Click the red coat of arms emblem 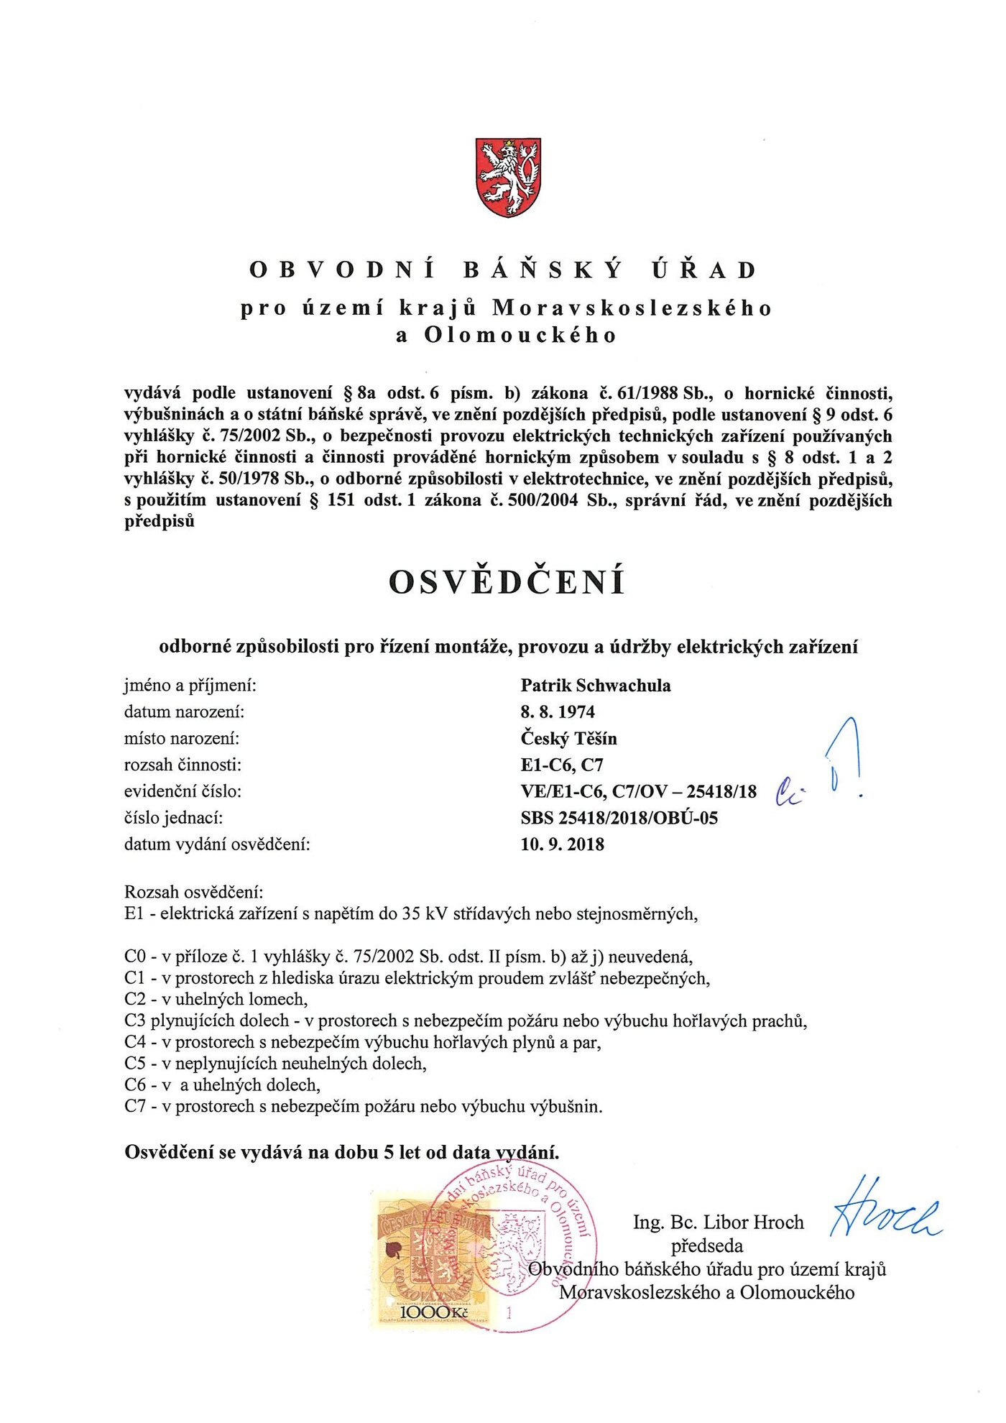click(x=508, y=178)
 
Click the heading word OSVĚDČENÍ click(x=507, y=582)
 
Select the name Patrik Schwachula click(x=596, y=686)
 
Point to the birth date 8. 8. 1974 click(x=558, y=712)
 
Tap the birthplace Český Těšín click(x=568, y=739)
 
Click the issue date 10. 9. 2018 click(x=562, y=844)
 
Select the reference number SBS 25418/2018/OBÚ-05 click(x=619, y=818)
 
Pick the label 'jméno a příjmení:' click(x=190, y=686)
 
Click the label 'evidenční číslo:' click(x=183, y=791)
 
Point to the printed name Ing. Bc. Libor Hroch click(x=718, y=1222)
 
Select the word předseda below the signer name click(x=707, y=1245)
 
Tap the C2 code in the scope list click(x=135, y=1000)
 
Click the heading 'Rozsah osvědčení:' click(x=194, y=893)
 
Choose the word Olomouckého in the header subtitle click(x=520, y=336)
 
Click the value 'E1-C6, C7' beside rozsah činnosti click(x=561, y=765)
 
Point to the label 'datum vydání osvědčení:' click(x=217, y=844)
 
